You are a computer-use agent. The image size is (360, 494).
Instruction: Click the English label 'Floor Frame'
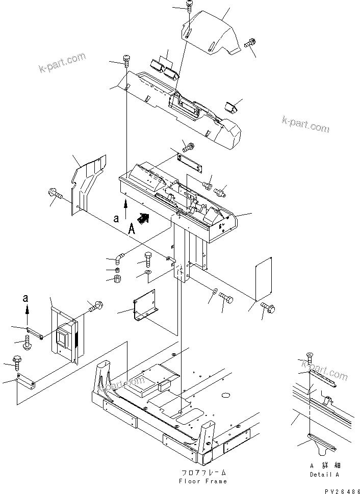203,481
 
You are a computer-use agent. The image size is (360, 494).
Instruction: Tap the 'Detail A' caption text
324,475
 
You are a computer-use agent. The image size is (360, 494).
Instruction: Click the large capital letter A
132,229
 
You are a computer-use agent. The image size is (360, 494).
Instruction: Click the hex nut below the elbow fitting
117,279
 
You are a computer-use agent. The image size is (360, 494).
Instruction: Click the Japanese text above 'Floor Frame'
203,473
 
